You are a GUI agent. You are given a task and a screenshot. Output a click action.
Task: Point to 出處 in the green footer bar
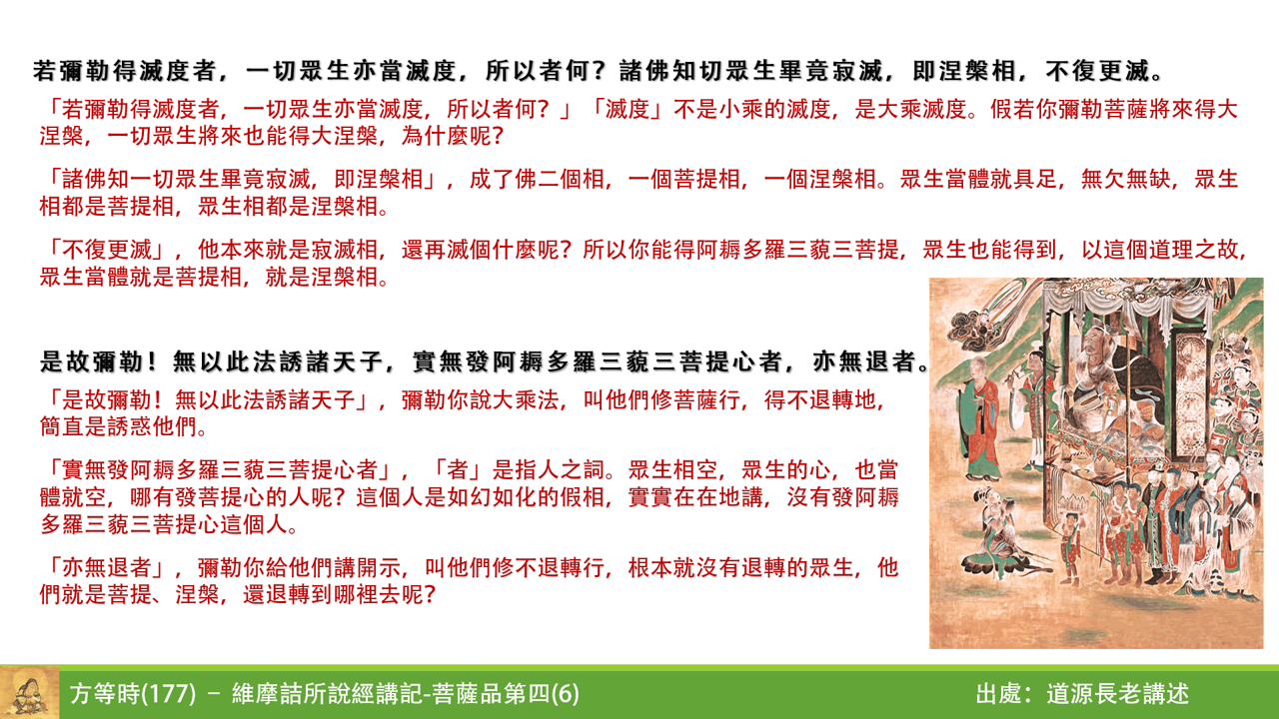(1001, 694)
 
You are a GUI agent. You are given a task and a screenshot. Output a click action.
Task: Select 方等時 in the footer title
(106, 694)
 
